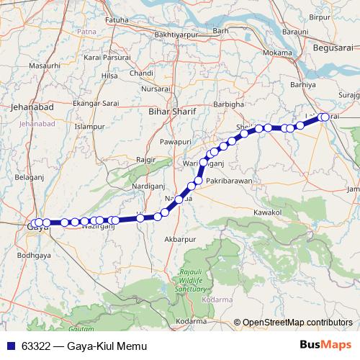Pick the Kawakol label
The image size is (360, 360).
point(268,212)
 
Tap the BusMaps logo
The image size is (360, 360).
point(330,345)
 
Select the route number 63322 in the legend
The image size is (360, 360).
point(36,346)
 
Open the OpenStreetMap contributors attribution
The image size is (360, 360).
point(297,322)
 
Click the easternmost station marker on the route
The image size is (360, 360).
point(324,117)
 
